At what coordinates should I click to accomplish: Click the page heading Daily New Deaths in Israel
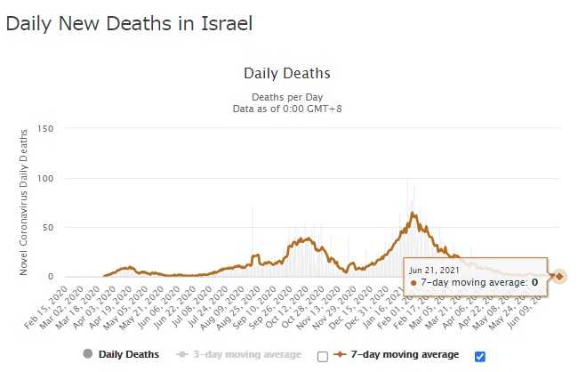129,24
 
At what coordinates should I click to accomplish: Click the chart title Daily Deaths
286,73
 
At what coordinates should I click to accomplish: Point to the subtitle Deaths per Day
286,97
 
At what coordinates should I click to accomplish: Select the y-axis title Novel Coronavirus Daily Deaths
24,202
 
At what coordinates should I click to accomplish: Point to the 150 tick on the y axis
46,129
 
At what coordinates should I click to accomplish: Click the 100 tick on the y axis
46,178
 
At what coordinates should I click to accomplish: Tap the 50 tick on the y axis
49,227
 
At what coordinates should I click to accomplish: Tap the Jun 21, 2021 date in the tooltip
435,269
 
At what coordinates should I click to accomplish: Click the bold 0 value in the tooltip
535,283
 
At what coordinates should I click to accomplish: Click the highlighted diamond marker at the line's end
558,276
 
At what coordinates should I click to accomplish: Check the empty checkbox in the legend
323,357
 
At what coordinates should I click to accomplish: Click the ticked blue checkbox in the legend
480,356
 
